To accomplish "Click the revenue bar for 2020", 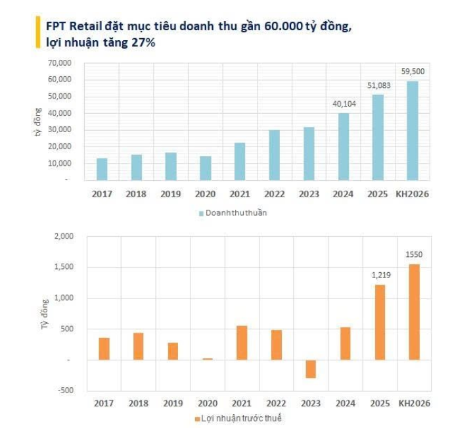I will [x=206, y=168].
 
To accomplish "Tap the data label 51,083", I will [x=378, y=85].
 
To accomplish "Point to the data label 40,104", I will [x=344, y=104].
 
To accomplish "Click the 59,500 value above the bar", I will [x=412, y=71].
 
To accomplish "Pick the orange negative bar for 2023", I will [x=309, y=369].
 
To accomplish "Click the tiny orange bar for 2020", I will [x=208, y=359].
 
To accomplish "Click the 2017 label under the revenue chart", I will [x=102, y=194].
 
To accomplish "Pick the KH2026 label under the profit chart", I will [x=415, y=403].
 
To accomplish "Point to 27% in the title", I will [x=145, y=42].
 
